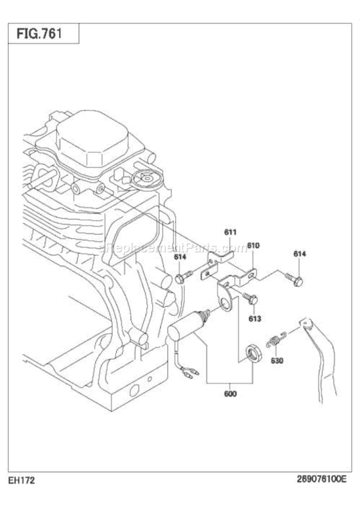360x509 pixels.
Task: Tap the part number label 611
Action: point(231,232)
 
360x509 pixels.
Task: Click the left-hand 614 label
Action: point(179,257)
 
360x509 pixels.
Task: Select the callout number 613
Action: point(255,318)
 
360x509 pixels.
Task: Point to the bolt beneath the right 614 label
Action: point(295,278)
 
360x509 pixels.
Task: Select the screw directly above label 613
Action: point(249,297)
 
